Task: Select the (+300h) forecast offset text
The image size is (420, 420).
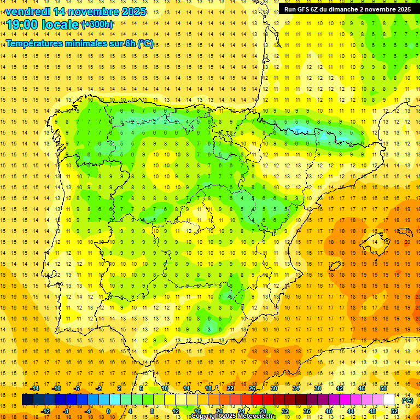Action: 97,25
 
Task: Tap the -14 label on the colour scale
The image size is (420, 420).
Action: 35,388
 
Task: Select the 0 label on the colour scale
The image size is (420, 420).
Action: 108,411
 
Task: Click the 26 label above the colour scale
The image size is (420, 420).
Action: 252,388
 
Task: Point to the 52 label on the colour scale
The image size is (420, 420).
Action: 394,411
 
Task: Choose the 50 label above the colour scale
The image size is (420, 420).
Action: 383,388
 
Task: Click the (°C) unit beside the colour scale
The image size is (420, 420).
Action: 407,400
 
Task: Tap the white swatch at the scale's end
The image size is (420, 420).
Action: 389,400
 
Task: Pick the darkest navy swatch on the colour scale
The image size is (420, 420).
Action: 27,400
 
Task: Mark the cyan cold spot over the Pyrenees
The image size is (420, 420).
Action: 300,130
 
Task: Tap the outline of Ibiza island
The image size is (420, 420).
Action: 335,266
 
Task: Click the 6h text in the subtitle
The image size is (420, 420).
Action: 129,43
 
